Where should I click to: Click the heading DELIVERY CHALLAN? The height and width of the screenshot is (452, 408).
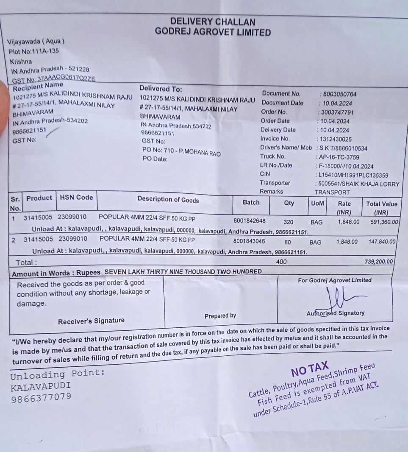click(x=213, y=22)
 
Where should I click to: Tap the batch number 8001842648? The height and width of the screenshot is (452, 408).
click(x=250, y=220)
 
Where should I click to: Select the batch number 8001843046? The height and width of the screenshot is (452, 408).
click(x=250, y=241)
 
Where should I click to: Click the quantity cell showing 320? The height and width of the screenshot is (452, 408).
click(x=289, y=221)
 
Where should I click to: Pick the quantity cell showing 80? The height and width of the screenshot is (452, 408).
click(x=288, y=242)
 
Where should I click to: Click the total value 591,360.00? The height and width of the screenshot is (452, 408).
click(x=382, y=221)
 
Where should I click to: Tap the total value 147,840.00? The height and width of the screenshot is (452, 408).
click(x=382, y=242)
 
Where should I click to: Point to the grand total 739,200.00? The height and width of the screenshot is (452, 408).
click(x=378, y=262)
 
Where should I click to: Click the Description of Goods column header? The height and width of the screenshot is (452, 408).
click(x=168, y=199)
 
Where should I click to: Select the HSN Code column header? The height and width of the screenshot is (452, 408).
click(x=76, y=197)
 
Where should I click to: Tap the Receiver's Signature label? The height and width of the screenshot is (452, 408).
click(x=91, y=321)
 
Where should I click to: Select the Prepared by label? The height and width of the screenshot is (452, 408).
click(x=220, y=315)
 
